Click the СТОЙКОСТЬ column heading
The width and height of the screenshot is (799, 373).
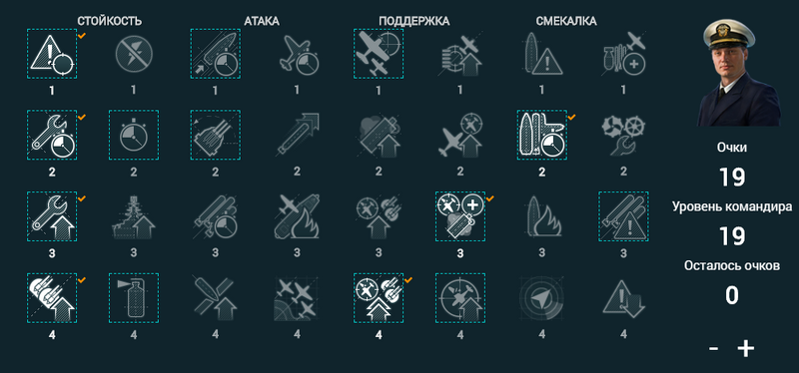point(110,21)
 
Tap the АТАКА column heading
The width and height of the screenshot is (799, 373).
point(262,21)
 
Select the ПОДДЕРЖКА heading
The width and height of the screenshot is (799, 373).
point(413,21)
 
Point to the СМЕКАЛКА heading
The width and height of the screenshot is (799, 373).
point(566,21)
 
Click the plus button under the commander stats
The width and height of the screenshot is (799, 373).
point(745,349)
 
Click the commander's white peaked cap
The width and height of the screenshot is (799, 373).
point(729,34)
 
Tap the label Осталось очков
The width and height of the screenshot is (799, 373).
point(732,266)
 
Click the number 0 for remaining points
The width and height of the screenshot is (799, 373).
point(732,295)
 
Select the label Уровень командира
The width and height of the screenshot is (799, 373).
point(732,207)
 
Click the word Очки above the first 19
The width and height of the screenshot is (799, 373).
point(732,148)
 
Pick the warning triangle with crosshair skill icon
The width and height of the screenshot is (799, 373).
point(52,54)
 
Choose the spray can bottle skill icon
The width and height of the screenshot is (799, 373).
point(134,297)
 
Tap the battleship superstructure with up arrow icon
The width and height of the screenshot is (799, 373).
point(134,216)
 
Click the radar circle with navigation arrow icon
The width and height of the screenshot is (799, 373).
point(541,297)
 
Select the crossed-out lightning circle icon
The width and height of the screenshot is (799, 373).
point(134,54)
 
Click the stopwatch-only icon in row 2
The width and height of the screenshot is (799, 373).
point(134,135)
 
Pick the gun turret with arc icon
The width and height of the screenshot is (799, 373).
point(216,135)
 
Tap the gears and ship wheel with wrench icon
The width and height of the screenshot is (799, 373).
point(623,135)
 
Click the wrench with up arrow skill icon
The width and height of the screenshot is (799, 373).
point(52,216)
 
